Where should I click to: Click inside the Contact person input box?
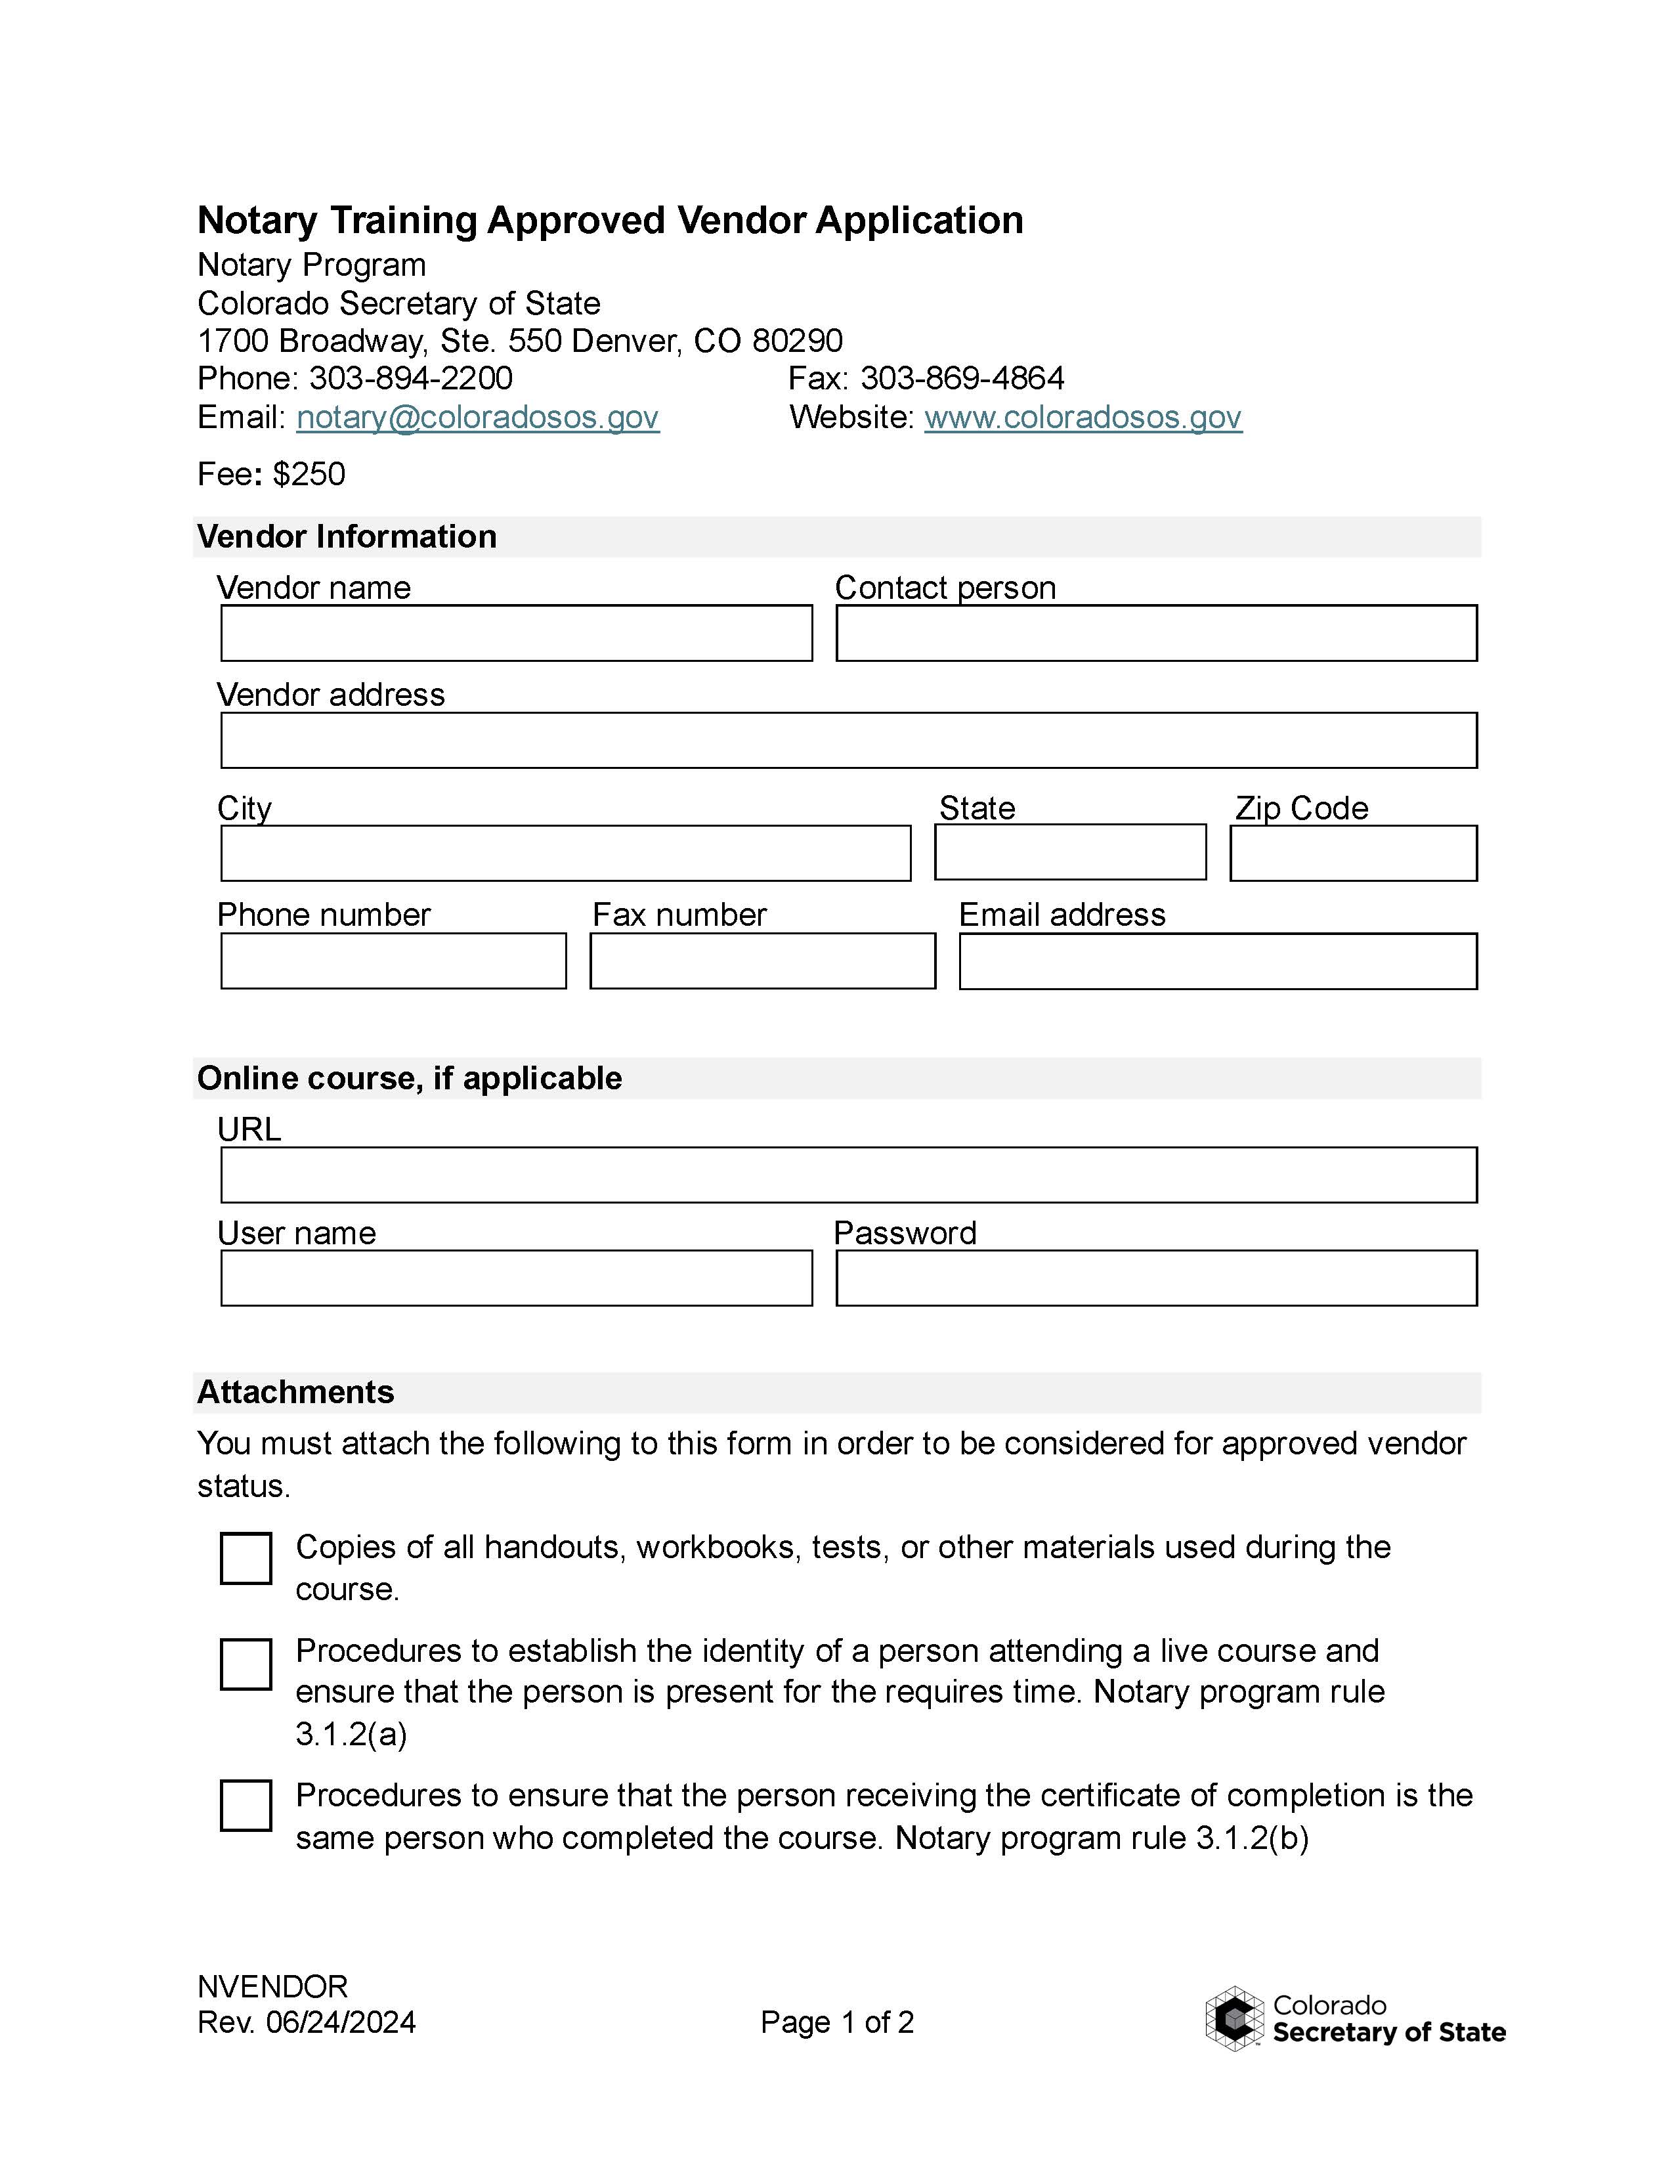pos(1155,633)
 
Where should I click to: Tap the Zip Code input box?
pos(1352,853)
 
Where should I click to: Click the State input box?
pos(1070,852)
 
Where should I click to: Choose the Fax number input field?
pos(762,961)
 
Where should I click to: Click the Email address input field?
pos(1217,961)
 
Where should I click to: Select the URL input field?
pos(848,1175)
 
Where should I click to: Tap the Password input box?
pos(1155,1278)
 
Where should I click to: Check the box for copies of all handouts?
pos(246,1558)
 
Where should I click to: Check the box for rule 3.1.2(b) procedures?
pos(246,1806)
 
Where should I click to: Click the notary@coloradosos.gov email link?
pos(478,417)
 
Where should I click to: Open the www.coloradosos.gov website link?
pos(1083,417)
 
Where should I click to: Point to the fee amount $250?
pos(309,474)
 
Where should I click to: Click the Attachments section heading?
pos(295,1391)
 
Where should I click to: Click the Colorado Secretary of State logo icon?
pos(1234,2018)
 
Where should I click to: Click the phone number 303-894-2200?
pos(410,378)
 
